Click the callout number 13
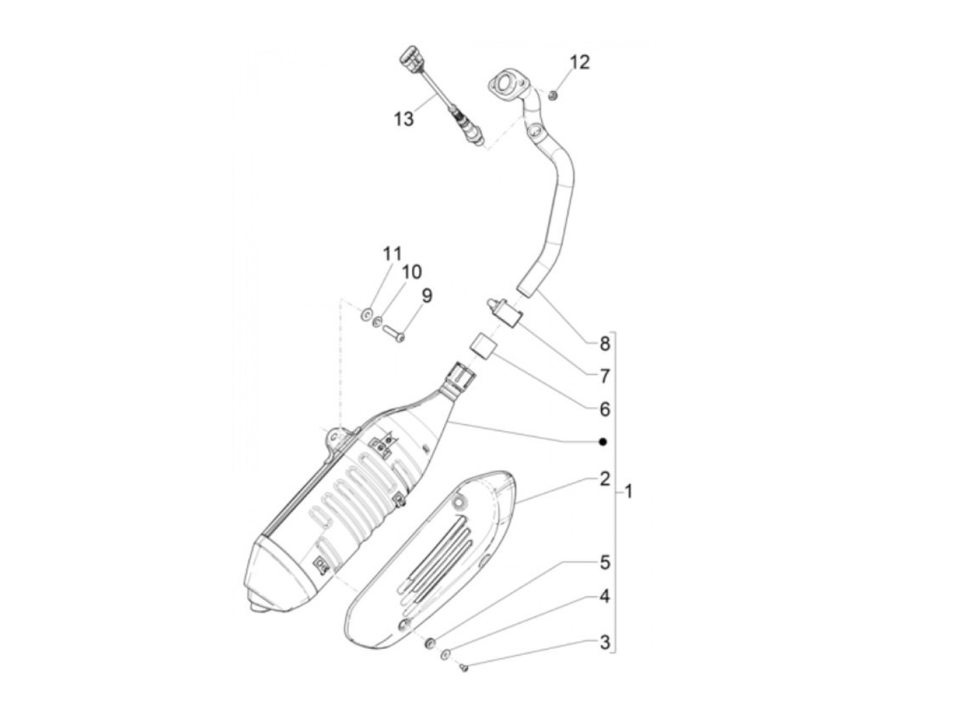[404, 118]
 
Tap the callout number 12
[579, 62]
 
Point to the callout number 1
[629, 491]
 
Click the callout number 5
[604, 563]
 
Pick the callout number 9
[426, 296]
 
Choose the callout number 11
[392, 254]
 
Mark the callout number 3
[604, 643]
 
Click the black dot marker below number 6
[603, 442]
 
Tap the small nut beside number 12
[553, 94]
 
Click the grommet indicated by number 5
[430, 643]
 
